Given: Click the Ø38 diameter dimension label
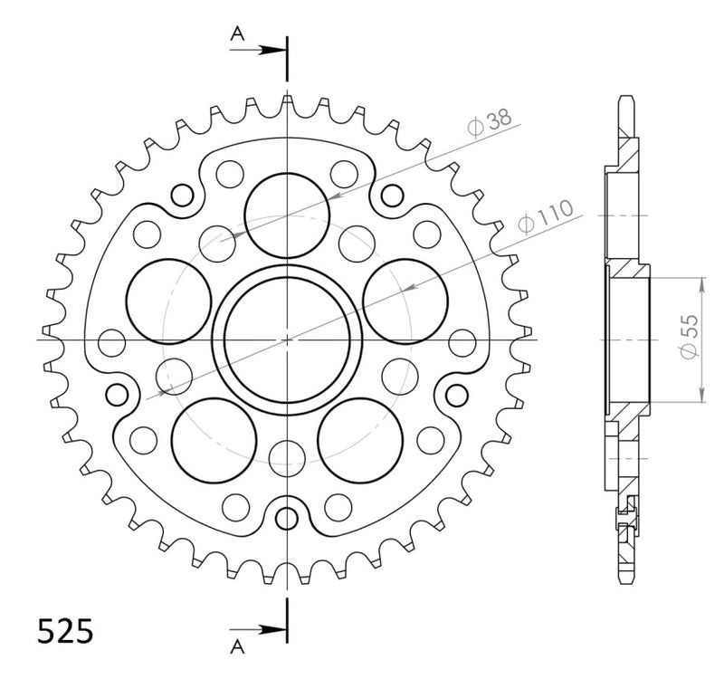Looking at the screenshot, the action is (490, 122).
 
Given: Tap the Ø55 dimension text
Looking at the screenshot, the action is (690, 337).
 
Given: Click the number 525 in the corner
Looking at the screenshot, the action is (65, 630).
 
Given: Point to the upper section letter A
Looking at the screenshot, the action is (237, 33).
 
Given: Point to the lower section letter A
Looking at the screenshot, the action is (237, 647).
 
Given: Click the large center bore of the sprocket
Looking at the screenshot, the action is (287, 340).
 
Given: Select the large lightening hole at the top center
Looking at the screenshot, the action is (287, 215).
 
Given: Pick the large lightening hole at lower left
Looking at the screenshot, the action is (214, 441).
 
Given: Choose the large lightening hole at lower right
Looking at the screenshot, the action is (360, 441).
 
